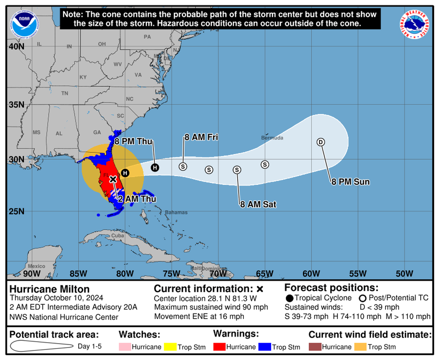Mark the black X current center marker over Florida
click(x=113, y=179)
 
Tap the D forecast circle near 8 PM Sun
click(x=320, y=142)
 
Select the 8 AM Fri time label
click(x=201, y=137)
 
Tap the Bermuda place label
click(x=272, y=137)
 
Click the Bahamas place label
click(x=176, y=212)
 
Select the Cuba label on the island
click(x=117, y=235)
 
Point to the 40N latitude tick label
click(x=16, y=46)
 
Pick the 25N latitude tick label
click(x=16, y=211)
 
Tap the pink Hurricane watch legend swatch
click(x=125, y=347)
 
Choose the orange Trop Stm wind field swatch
click(x=360, y=347)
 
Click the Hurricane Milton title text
click(x=49, y=289)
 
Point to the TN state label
click(x=65, y=93)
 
